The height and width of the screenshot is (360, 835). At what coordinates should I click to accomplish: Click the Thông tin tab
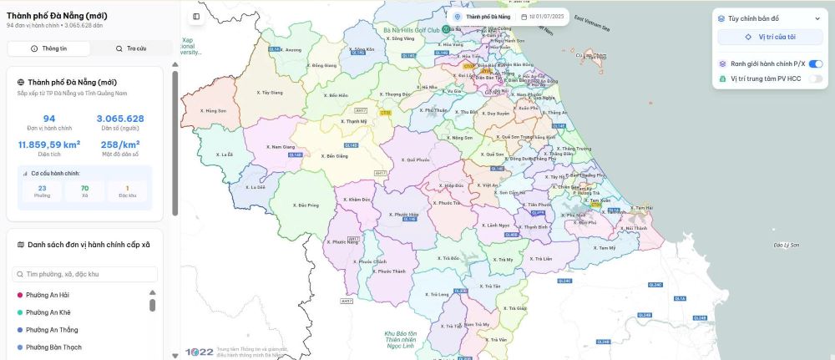[x=49, y=48]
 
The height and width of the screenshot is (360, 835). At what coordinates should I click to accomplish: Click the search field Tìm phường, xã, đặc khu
[x=85, y=274]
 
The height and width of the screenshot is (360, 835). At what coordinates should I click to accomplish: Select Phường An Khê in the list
[x=48, y=312]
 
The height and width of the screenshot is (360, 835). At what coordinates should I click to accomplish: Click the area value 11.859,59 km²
[x=49, y=145]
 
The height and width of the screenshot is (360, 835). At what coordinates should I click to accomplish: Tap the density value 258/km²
[x=120, y=145]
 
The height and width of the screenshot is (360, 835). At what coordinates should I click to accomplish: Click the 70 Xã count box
[x=85, y=191]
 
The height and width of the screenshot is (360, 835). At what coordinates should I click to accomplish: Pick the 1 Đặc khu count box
[x=127, y=191]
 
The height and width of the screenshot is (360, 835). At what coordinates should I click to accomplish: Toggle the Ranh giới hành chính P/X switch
[x=816, y=63]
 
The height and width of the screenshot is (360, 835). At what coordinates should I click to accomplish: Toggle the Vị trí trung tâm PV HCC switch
[x=816, y=79]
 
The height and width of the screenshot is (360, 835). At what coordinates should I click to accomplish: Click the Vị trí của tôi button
[x=771, y=38]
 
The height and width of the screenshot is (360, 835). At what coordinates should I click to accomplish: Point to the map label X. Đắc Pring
[x=307, y=205]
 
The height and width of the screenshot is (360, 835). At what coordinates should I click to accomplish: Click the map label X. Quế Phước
[x=415, y=160]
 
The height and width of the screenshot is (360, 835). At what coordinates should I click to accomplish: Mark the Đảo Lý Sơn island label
[x=787, y=245]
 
